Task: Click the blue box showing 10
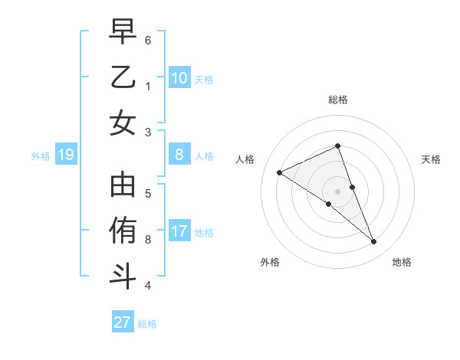coord(179,78)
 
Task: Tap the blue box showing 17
coord(179,232)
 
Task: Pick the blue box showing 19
coord(65,155)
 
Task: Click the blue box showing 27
coord(123,322)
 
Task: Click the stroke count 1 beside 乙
coord(148,86)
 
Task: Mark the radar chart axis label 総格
coord(338,100)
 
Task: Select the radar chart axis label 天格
coord(431,159)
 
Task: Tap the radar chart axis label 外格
coord(270,262)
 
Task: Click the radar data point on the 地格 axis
coord(374,242)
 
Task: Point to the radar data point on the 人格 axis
coord(280,172)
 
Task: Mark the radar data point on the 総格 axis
coord(338,146)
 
